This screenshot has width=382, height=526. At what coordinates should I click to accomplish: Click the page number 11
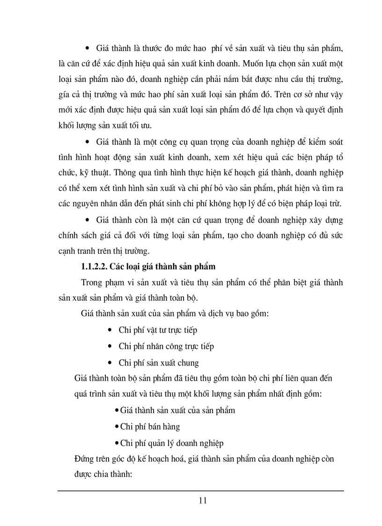pos(202,500)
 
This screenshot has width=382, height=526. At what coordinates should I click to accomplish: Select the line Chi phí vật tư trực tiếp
pos(158,330)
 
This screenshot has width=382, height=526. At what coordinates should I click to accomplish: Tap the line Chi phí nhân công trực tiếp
pos(166,346)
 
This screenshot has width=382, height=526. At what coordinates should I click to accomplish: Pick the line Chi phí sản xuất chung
pos(159,363)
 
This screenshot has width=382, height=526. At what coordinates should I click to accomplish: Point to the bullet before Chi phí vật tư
pos(110,330)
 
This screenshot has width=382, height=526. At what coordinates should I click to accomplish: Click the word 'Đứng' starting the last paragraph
pos(84,459)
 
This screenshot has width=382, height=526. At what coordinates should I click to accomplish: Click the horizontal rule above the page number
pos(200,490)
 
